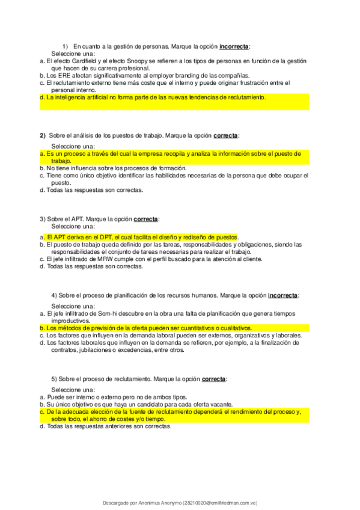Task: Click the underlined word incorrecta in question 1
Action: (x=234, y=46)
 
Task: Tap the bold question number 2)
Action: (x=43, y=135)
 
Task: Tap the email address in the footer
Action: (x=221, y=502)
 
